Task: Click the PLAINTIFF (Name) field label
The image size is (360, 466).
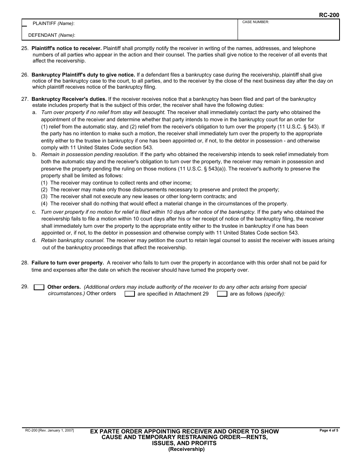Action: coord(53,23)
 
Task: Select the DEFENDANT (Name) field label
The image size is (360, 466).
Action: coord(52,35)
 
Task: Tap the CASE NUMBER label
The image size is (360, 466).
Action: coord(255,22)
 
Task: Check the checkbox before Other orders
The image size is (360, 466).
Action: coord(39,287)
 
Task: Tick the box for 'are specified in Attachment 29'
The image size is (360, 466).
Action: coord(130,294)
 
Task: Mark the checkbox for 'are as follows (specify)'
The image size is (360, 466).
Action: coord(222,294)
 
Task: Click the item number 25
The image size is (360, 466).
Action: coord(25,48)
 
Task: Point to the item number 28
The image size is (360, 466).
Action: coord(25,263)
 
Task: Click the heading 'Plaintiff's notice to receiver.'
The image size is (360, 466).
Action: coord(67,48)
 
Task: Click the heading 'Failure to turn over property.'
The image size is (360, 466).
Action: coord(67,263)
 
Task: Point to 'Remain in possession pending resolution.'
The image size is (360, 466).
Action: coord(90,155)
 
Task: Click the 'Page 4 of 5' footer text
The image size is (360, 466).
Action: coord(329,430)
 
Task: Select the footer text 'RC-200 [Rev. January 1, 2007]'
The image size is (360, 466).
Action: coord(50,430)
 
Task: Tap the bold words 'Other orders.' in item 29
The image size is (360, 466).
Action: coord(64,287)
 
